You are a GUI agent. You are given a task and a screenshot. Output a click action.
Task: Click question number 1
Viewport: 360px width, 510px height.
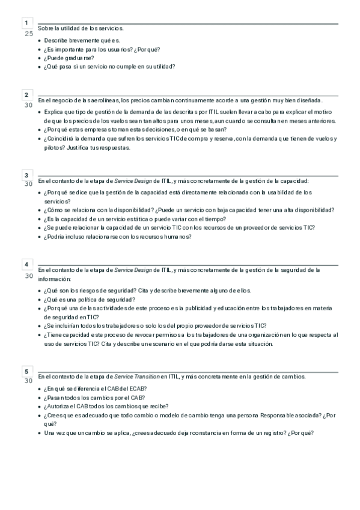click(26, 23)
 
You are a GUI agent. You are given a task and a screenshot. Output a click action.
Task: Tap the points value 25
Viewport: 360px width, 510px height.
click(28, 33)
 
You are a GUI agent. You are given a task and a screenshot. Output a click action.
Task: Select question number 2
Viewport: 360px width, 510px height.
click(26, 95)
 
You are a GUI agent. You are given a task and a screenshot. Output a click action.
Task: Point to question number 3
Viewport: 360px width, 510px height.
click(26, 175)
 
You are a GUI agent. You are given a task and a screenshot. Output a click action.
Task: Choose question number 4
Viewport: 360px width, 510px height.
click(26, 265)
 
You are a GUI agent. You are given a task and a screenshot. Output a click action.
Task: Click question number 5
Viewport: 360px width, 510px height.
click(26, 370)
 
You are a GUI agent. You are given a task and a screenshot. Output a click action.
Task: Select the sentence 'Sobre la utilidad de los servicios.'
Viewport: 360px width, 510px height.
click(81, 28)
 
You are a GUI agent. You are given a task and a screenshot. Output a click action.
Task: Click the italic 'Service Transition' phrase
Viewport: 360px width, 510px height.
click(136, 376)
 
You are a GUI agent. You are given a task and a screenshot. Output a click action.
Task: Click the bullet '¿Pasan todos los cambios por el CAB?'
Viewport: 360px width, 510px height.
click(96, 398)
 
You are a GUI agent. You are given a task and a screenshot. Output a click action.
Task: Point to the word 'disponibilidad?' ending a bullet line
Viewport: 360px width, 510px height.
click(311, 210)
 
